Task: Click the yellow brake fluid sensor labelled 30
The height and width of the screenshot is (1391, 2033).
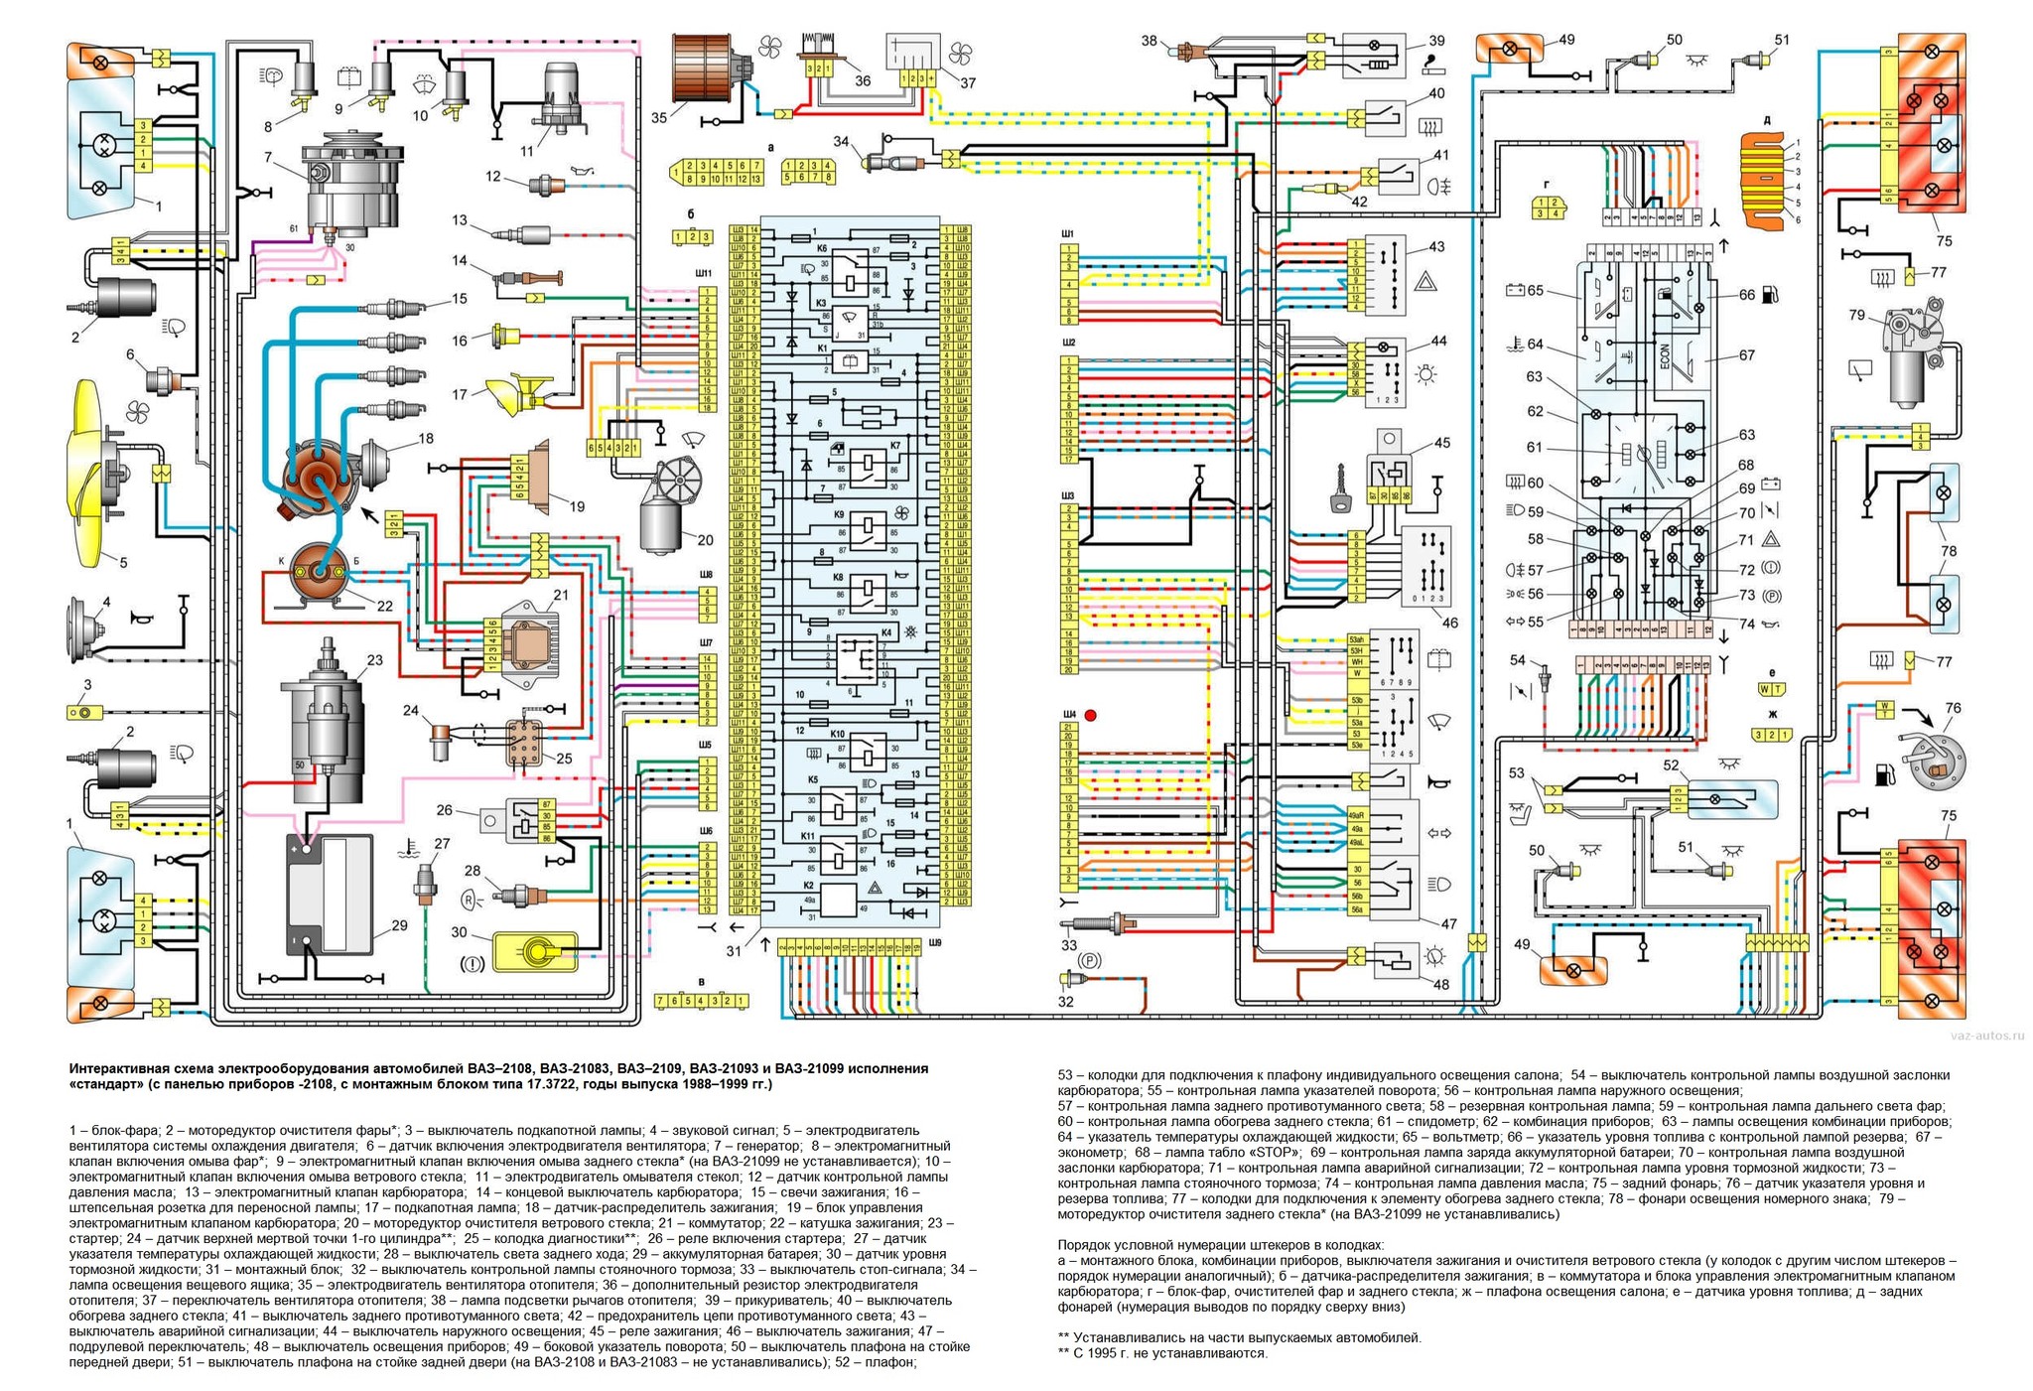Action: click(536, 951)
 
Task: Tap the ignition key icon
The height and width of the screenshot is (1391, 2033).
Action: click(1343, 491)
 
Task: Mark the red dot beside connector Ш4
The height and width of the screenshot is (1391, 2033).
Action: click(1090, 715)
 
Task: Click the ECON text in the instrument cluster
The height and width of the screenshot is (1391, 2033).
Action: click(1666, 355)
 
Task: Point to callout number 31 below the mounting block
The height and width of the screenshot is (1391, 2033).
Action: click(735, 950)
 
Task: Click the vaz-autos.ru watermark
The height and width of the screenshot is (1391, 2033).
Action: click(1986, 1036)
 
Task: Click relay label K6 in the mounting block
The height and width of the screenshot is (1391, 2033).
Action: click(822, 247)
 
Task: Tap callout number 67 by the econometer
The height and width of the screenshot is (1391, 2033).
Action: click(1746, 355)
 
